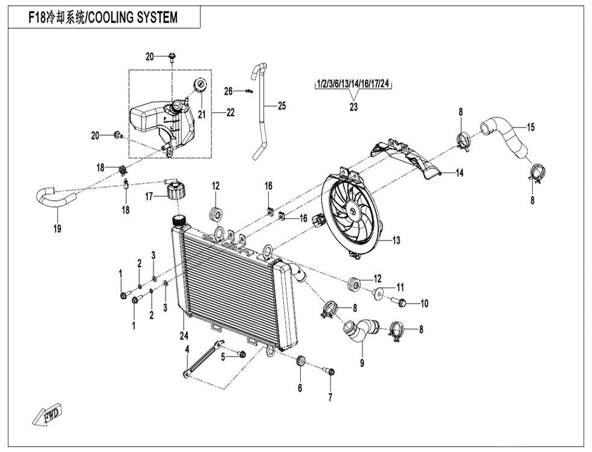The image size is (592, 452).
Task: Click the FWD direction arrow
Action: click(47, 415)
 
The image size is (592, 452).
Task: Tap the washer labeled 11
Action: click(378, 294)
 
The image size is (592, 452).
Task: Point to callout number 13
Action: click(396, 241)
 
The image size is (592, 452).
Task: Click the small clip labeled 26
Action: click(247, 91)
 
